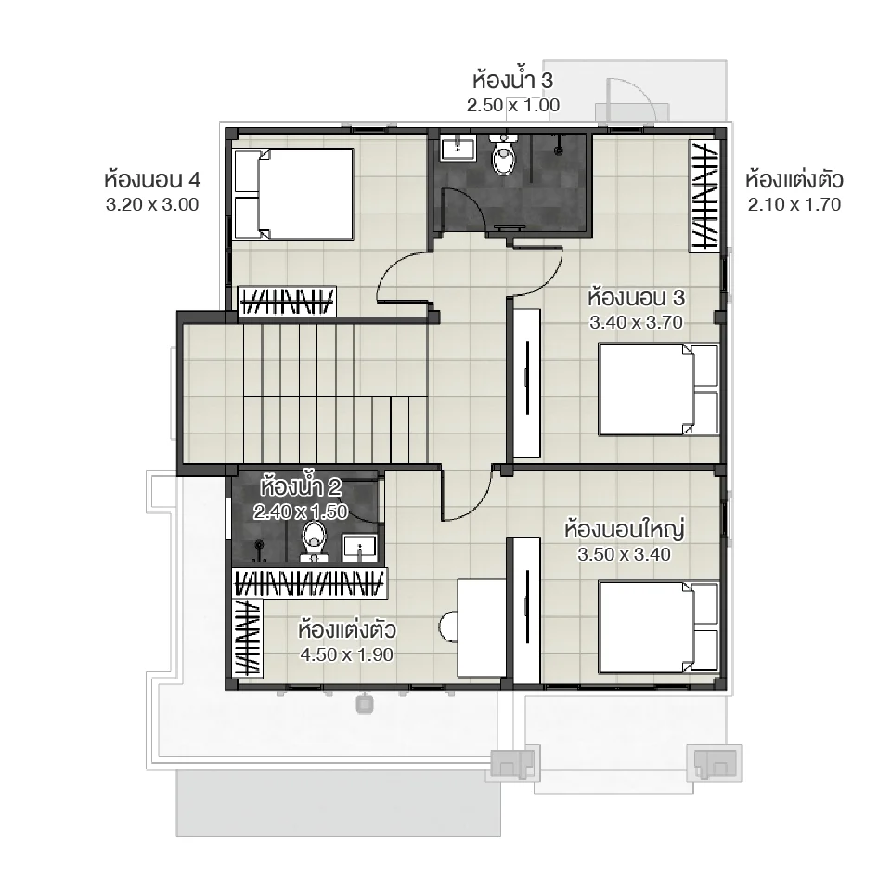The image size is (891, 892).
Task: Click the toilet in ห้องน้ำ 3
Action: click(x=504, y=157)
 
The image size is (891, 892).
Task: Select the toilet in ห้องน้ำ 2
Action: click(x=315, y=540)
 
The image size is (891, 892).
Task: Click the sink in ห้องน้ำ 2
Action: click(x=360, y=548)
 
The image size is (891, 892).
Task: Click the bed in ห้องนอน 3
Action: click(x=658, y=390)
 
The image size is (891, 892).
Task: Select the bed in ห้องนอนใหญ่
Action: click(x=658, y=627)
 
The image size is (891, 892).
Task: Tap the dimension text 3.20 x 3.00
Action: click(x=152, y=205)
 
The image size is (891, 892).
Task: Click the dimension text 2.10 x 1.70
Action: click(x=794, y=205)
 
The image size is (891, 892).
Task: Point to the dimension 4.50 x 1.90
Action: click(x=347, y=654)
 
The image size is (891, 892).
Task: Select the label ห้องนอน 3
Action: click(x=636, y=299)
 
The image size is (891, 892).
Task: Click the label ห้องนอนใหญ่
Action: click(x=624, y=530)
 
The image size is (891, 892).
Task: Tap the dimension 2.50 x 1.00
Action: click(x=513, y=105)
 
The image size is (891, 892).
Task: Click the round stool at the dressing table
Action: click(x=449, y=627)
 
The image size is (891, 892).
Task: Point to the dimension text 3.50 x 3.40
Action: click(x=624, y=554)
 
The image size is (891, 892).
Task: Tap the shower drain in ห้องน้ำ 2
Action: click(x=259, y=543)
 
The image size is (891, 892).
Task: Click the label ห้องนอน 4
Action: click(x=152, y=179)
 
